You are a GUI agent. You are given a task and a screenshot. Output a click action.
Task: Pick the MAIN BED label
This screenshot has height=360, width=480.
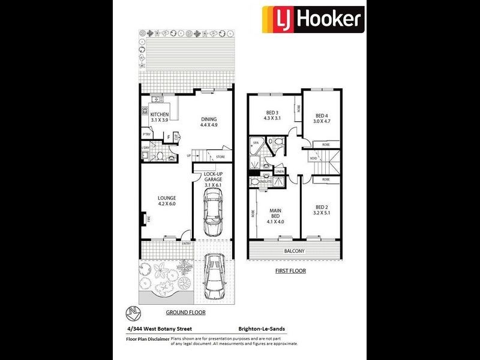tap(275, 214)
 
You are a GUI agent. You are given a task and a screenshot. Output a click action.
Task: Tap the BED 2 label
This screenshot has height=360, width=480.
tap(322, 209)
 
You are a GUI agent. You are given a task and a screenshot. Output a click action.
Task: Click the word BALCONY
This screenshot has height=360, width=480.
tap(295, 251)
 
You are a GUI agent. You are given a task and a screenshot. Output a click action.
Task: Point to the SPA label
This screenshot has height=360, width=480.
tap(255, 143)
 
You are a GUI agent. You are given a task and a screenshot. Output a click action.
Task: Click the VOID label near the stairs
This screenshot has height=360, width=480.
tap(313, 158)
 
